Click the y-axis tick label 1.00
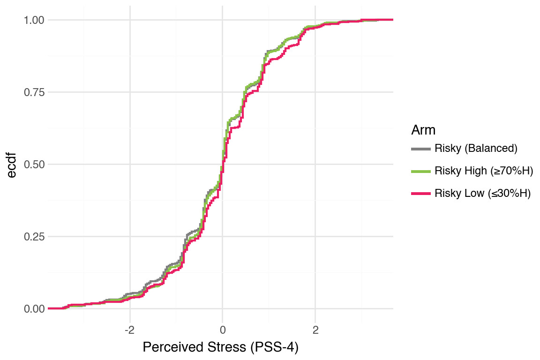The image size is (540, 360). [34, 20]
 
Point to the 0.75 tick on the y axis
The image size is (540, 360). [34, 92]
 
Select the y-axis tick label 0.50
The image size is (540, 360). [34, 165]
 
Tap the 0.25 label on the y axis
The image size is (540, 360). [34, 237]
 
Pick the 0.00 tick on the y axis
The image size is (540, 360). [34, 309]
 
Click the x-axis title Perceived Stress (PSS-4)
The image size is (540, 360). [220, 347]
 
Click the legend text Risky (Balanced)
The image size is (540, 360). [476, 149]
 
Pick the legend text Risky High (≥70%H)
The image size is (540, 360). [484, 171]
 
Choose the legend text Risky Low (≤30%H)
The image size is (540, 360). [482, 194]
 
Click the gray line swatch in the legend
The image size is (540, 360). [421, 149]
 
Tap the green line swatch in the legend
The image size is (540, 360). [421, 171]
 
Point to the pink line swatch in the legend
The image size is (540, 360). [421, 194]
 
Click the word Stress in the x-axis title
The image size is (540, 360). [222, 347]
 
